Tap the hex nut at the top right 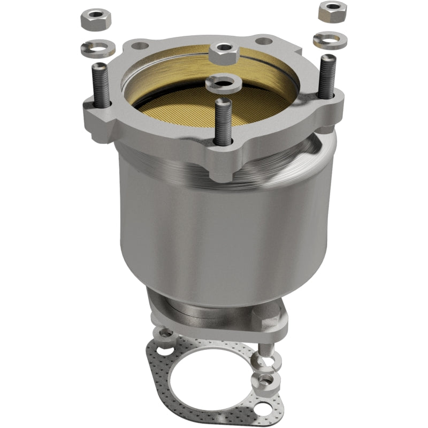tap(333, 11)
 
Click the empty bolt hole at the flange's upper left tap(138, 47)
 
